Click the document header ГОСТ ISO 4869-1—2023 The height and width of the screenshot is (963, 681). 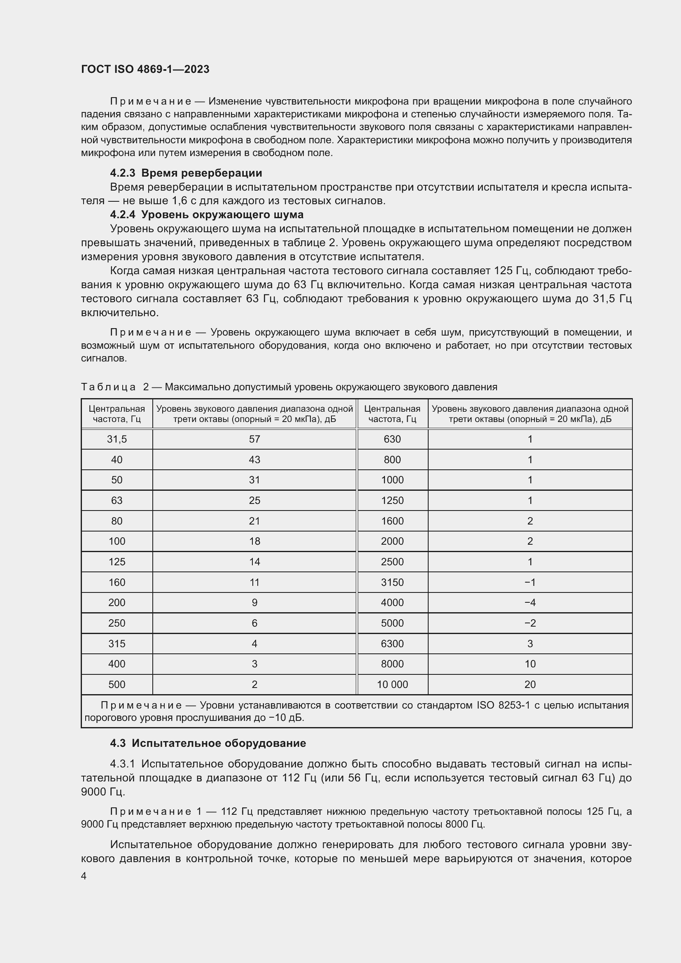tap(145, 69)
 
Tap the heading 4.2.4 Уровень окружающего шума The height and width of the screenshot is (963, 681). tap(207, 215)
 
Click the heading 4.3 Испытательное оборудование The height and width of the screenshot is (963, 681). tap(208, 743)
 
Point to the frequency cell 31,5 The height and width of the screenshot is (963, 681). tap(117, 439)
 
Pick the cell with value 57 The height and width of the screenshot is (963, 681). tap(254, 439)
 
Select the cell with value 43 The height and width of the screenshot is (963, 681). tap(254, 460)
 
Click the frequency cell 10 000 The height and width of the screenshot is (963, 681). tap(392, 684)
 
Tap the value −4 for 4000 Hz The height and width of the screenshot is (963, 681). tap(529, 602)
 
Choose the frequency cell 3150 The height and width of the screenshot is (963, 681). tap(392, 582)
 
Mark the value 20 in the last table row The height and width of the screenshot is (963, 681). tap(529, 684)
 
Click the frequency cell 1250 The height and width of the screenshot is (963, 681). tap(392, 500)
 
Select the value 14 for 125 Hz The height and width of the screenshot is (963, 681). tap(254, 562)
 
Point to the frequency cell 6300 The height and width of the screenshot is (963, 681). tap(392, 644)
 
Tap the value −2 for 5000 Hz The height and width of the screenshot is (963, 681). tap(529, 623)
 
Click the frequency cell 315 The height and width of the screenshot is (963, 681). tap(117, 644)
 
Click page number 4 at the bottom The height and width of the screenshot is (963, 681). tap(84, 876)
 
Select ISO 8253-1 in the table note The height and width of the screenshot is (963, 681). tap(503, 705)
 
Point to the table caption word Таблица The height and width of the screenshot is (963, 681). tap(108, 387)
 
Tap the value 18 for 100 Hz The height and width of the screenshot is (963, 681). tap(254, 541)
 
